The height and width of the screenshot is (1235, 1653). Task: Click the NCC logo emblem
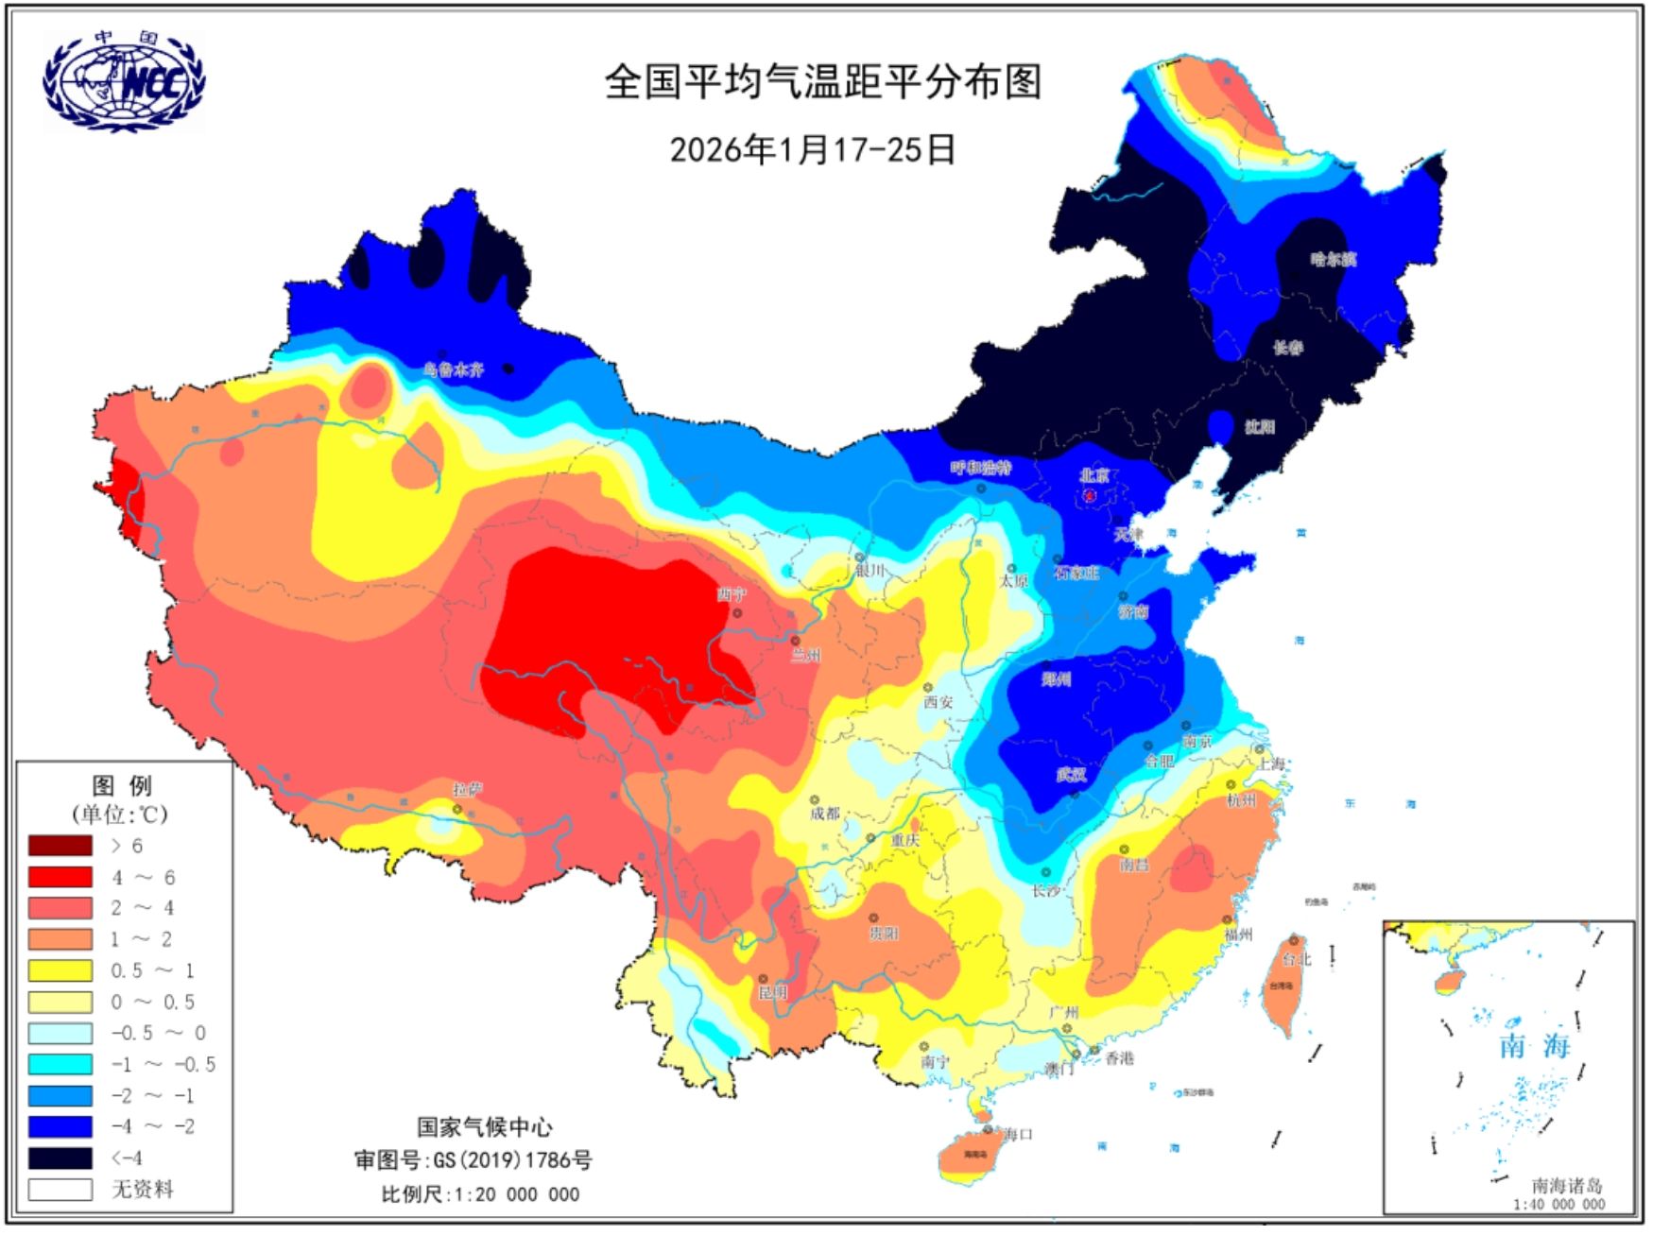(x=123, y=81)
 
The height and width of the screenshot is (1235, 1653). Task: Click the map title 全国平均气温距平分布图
(x=823, y=82)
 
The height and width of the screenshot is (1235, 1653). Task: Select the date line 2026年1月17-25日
(x=813, y=149)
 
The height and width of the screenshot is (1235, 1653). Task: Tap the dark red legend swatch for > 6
(x=60, y=846)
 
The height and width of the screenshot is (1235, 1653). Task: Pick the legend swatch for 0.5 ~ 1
(x=60, y=970)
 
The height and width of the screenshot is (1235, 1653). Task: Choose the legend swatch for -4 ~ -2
(x=60, y=1126)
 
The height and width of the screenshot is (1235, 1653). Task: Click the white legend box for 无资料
(x=60, y=1189)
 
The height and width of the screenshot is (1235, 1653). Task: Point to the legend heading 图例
(x=122, y=786)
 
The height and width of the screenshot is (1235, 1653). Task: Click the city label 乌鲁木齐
(x=454, y=370)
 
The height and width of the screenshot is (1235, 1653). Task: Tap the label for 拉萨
(x=467, y=790)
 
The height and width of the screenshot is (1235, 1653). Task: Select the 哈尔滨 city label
(x=1334, y=259)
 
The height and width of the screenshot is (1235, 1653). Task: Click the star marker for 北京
(x=1089, y=494)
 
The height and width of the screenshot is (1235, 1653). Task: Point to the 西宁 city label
(x=732, y=594)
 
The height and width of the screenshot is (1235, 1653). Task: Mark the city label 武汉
(x=1071, y=776)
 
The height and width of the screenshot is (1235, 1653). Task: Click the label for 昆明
(x=772, y=993)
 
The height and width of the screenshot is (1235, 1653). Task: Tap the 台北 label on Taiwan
(x=1297, y=959)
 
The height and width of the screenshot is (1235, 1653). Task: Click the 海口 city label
(x=1017, y=1134)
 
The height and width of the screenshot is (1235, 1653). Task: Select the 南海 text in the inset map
(x=1535, y=1047)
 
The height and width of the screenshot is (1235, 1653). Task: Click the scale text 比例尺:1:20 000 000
(x=480, y=1194)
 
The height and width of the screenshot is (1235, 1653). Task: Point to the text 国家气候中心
(x=485, y=1126)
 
